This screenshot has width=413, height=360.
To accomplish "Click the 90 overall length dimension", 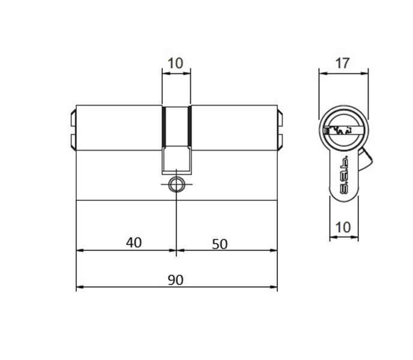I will [176, 280].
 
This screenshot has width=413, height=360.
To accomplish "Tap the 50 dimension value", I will [220, 243].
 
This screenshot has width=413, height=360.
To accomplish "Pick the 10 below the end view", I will [343, 227].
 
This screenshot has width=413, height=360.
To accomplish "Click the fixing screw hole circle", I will [176, 184].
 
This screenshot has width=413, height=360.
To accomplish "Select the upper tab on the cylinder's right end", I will [280, 115].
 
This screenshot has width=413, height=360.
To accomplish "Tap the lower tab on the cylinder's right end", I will [280, 141].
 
